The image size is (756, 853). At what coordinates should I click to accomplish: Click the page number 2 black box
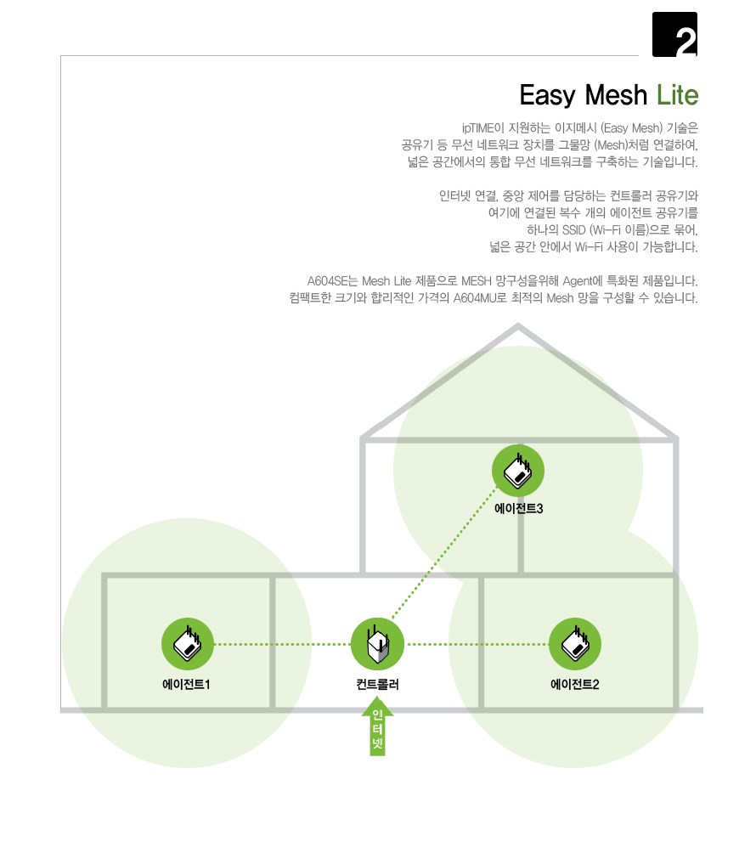(x=674, y=34)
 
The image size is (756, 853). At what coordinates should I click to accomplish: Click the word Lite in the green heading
(x=677, y=95)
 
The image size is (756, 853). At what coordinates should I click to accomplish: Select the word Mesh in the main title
(x=616, y=95)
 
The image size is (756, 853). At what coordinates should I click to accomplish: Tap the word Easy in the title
(x=548, y=96)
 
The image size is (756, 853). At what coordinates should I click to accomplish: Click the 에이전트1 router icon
(x=188, y=644)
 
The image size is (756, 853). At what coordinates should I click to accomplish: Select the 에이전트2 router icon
(x=575, y=644)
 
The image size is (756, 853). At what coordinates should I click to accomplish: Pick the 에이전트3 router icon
(x=518, y=471)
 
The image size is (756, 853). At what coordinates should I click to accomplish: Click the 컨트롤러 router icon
(x=377, y=644)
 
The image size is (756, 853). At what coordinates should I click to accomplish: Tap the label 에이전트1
(x=186, y=685)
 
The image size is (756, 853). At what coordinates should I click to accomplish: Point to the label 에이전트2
(x=575, y=685)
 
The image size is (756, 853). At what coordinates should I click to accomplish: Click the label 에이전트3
(x=518, y=509)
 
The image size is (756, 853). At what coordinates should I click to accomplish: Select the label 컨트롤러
(x=377, y=685)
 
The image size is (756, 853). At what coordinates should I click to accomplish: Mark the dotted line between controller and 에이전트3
(x=443, y=553)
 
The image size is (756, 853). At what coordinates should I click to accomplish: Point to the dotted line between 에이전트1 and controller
(x=283, y=644)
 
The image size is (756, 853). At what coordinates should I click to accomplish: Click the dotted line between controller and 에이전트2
(x=477, y=644)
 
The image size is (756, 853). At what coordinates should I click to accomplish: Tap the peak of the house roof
(x=518, y=325)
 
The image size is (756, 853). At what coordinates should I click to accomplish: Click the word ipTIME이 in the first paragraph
(x=483, y=128)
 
